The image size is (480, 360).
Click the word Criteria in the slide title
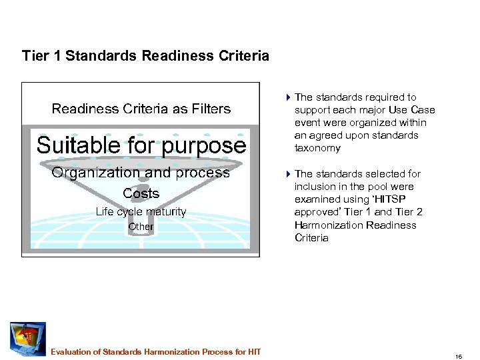coord(244,56)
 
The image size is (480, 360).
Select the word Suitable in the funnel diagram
coord(79,145)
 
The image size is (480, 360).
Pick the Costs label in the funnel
coord(141,194)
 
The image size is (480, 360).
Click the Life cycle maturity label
coord(141,212)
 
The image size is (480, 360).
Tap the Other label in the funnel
coord(141,227)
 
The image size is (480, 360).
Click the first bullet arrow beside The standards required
coord(287,97)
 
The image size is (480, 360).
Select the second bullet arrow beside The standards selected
coord(287,174)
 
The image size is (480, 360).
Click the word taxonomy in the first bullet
coord(317,148)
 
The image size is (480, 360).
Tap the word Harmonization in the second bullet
coord(327,225)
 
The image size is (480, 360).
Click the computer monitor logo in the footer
coord(27,339)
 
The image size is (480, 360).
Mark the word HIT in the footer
coord(254,352)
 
